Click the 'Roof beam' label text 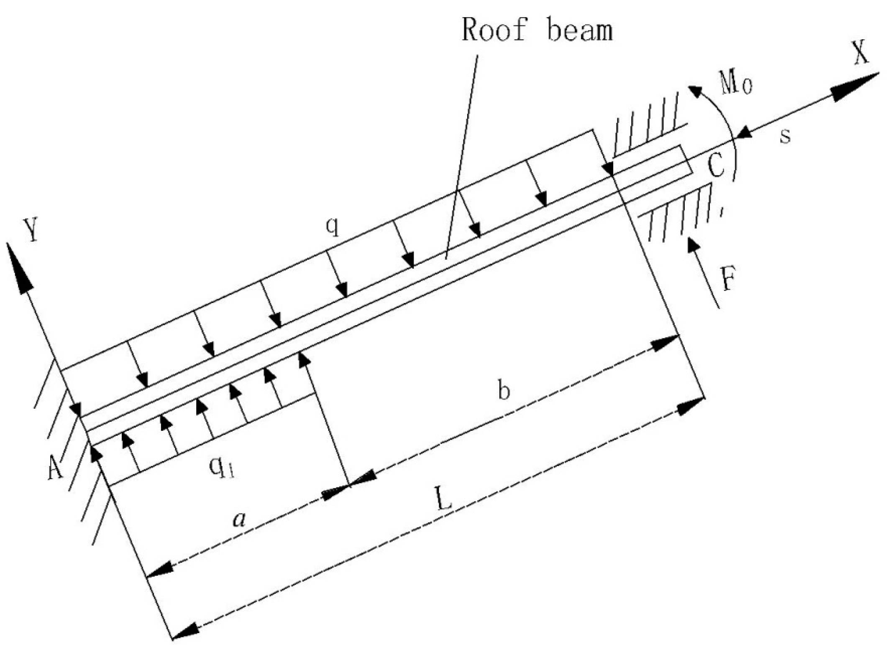coord(537,30)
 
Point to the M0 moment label coord(736,82)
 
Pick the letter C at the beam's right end coord(716,167)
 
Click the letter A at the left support coord(56,467)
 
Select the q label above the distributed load coord(333,226)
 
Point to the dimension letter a coord(239,520)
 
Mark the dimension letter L coord(445,500)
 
